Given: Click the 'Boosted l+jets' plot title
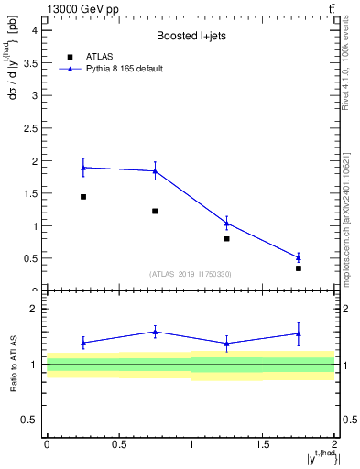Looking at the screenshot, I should [190, 37].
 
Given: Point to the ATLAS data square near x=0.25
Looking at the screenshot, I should [83, 197].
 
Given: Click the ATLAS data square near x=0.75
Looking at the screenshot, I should [155, 212].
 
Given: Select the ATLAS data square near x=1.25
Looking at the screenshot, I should [226, 238].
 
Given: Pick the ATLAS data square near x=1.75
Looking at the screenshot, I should [299, 268].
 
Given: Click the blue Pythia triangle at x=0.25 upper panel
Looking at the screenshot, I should [83, 168].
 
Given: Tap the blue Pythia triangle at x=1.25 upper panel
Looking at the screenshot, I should [226, 223].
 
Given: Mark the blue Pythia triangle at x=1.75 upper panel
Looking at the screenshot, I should [299, 257].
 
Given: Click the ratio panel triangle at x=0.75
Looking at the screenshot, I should [155, 332].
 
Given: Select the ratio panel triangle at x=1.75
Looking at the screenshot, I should [299, 333].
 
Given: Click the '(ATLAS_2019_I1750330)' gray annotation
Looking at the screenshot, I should [190, 274].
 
